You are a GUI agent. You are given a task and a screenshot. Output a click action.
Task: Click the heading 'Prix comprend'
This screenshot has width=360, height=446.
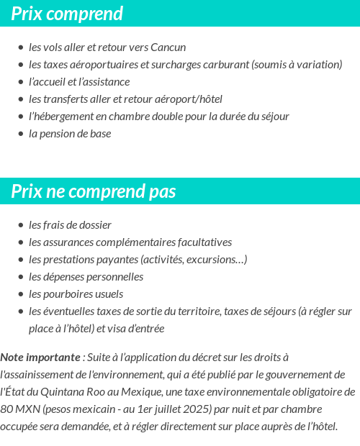click(x=67, y=14)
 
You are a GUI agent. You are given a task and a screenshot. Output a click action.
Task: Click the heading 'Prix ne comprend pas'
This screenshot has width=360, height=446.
click(x=94, y=192)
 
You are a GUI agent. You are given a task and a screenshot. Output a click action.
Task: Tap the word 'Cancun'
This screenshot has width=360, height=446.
click(x=168, y=47)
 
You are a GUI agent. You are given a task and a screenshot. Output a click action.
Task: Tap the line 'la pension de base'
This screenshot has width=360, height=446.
click(x=70, y=134)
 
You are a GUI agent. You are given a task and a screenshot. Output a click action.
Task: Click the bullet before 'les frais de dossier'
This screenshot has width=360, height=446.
click(x=21, y=226)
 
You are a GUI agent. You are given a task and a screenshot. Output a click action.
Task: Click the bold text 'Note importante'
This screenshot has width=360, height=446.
click(x=40, y=358)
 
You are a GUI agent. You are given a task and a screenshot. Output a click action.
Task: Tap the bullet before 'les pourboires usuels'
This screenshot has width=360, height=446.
click(x=21, y=295)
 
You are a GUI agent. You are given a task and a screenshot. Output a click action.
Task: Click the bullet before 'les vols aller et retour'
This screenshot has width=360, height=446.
click(x=21, y=48)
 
